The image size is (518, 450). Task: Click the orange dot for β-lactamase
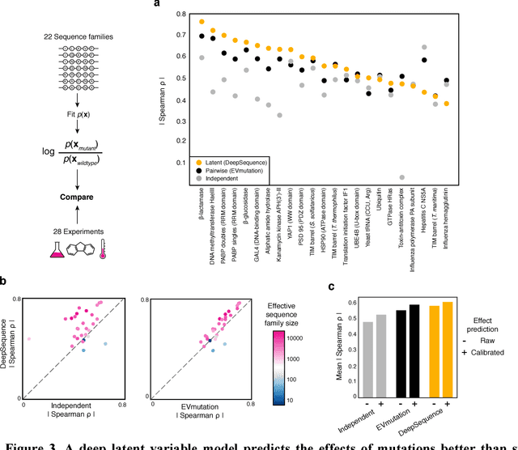tap(202, 22)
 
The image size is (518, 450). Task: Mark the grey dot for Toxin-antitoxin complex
tap(401, 177)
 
